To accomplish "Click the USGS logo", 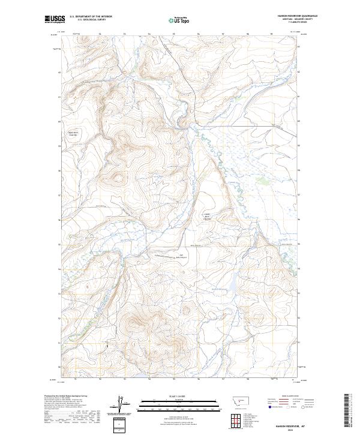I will click(53, 19).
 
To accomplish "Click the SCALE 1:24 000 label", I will click(172, 395).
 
